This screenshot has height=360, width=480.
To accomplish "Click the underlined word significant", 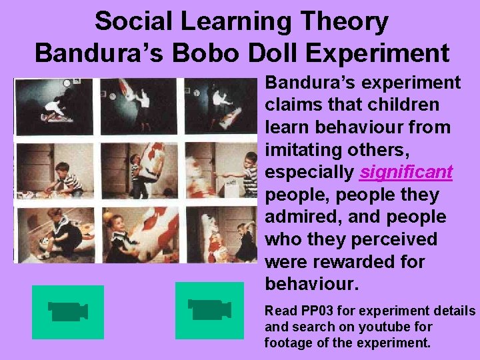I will click(x=405, y=173).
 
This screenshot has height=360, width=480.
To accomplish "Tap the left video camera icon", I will click(x=68, y=312).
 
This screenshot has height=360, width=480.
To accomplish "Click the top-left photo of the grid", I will click(x=54, y=107).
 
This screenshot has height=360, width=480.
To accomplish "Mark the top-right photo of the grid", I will click(x=220, y=107).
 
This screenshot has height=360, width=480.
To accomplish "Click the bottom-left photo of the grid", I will click(x=54, y=235).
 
